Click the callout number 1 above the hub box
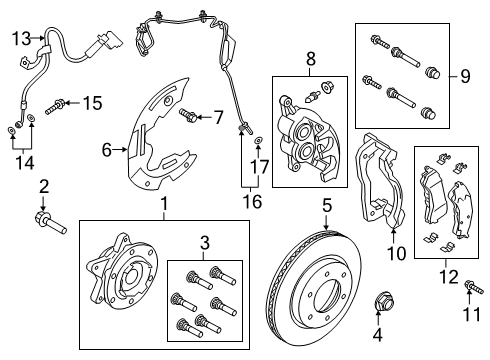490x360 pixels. click(164, 205)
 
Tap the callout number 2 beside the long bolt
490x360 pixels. click(43, 187)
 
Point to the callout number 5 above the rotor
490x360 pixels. click(326, 207)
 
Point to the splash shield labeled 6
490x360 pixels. click(160, 140)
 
